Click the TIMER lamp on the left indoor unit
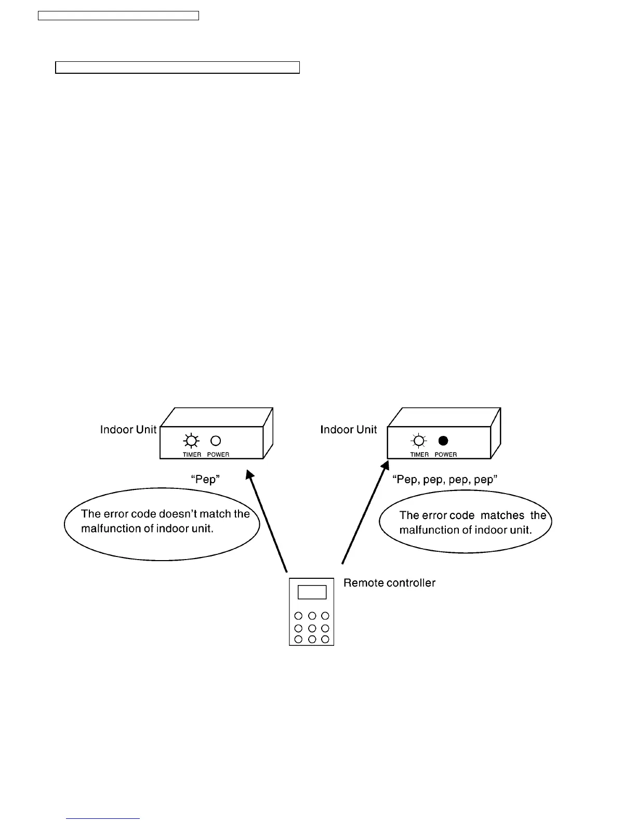coord(191,441)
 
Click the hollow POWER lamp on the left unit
coord(216,441)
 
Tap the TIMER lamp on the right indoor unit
coord(418,441)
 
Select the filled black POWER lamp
coord(443,441)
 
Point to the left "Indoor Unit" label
coord(128,430)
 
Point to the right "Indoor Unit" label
coord(348,430)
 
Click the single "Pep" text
coord(205,479)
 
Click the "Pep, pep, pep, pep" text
coord(445,479)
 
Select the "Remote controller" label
coord(389,583)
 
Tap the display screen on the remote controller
coord(312,592)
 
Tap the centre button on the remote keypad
coord(312,628)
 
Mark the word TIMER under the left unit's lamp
coord(192,455)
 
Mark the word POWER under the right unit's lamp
coord(446,455)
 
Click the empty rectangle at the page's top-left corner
coord(118,15)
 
